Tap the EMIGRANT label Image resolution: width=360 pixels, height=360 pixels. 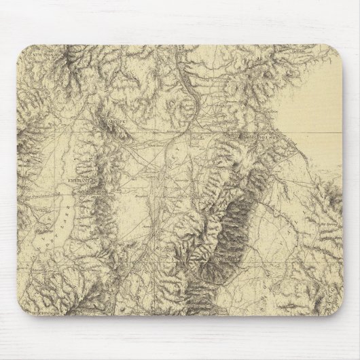click(x=82, y=182)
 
